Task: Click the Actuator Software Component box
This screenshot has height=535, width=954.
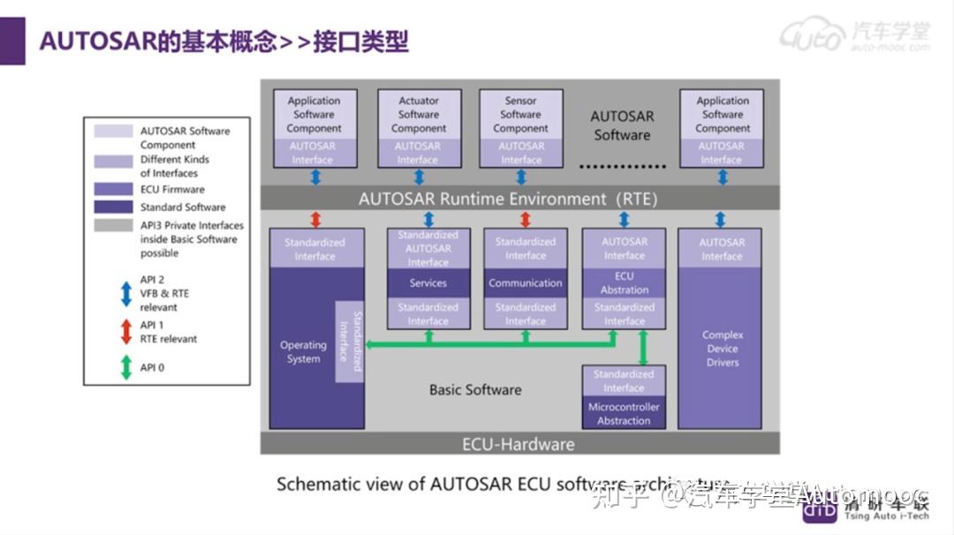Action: coord(418,115)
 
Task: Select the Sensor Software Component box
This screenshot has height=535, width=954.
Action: coord(520,115)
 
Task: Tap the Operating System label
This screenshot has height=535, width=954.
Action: coord(303,352)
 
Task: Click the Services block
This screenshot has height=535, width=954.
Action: coord(428,283)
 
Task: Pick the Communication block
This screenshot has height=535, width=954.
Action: coord(525,283)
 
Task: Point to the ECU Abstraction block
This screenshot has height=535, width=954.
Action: coord(624,283)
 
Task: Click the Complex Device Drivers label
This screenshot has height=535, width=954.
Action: coord(722,349)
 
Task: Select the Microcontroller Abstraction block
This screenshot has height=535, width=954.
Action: coord(624,414)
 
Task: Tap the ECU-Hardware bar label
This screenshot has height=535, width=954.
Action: coord(519,444)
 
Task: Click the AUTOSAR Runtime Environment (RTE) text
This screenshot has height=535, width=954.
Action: coord(508,199)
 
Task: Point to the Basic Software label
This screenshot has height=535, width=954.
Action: coord(475,389)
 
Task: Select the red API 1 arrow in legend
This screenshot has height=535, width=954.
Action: coord(126,331)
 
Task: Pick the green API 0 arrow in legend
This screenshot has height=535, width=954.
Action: coord(126,366)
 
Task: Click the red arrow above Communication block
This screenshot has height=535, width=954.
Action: coord(525,219)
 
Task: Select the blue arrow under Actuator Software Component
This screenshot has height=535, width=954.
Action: coord(417,177)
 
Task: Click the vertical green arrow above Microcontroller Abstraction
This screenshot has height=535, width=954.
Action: coord(643,347)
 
